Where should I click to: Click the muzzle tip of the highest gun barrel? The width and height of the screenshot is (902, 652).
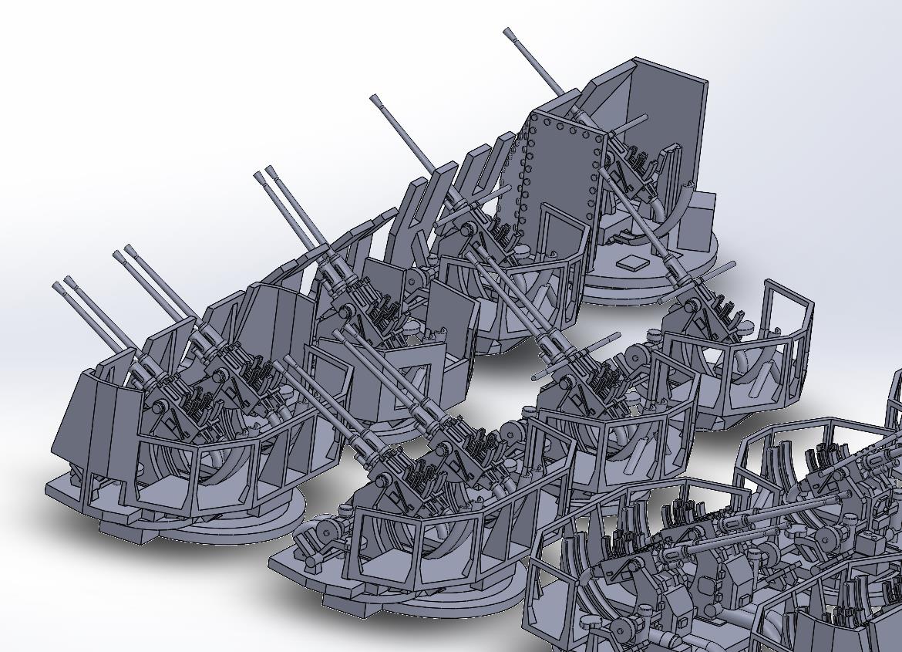(509, 32)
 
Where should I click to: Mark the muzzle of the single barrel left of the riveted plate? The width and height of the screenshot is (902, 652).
(375, 99)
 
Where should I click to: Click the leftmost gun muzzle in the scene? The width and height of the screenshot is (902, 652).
(57, 287)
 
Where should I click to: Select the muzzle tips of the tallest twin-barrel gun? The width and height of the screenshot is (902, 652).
(264, 172)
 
